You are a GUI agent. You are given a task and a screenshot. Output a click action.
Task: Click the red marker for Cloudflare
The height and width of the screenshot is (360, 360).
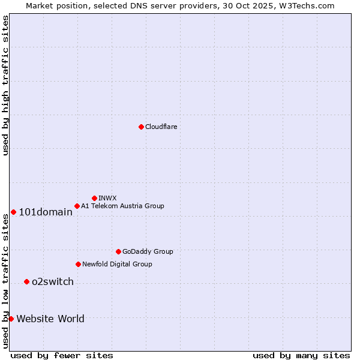point(141,127)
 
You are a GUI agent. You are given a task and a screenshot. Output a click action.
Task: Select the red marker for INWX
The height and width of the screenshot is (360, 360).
point(94,198)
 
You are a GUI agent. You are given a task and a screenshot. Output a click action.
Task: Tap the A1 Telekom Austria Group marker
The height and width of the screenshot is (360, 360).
point(77,206)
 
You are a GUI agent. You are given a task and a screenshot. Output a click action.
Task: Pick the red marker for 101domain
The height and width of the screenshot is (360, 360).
point(13,212)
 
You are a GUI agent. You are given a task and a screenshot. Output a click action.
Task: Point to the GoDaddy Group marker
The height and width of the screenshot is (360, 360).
point(118,251)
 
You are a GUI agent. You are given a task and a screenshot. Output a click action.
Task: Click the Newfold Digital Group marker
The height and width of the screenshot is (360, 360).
point(78,264)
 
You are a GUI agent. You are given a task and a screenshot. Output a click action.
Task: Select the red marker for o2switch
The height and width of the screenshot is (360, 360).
point(26,281)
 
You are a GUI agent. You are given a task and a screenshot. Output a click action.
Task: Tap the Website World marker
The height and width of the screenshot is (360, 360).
point(11,319)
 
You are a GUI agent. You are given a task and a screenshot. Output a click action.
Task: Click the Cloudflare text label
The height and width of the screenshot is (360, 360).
point(161,127)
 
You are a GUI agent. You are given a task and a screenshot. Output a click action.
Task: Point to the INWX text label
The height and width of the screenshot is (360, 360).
point(107,198)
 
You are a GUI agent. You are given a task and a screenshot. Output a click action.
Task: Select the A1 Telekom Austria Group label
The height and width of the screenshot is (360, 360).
point(122,206)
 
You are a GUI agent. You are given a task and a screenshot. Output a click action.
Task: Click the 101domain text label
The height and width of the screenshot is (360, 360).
point(46,212)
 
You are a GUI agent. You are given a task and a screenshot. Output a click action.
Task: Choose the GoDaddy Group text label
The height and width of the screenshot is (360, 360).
point(148,251)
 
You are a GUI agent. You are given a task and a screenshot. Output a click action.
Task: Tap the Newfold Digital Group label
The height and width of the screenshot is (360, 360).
point(117,264)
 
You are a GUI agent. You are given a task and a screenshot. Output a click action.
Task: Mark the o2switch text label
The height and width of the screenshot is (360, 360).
point(53,282)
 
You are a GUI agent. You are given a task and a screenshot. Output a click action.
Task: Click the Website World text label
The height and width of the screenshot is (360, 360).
point(50,319)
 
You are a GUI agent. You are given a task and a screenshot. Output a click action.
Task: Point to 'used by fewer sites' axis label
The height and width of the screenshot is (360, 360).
point(62,355)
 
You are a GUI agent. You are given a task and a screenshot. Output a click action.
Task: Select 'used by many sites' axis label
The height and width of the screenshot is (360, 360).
point(301,355)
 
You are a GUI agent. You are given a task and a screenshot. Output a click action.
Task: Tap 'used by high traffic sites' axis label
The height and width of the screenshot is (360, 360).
point(5,85)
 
